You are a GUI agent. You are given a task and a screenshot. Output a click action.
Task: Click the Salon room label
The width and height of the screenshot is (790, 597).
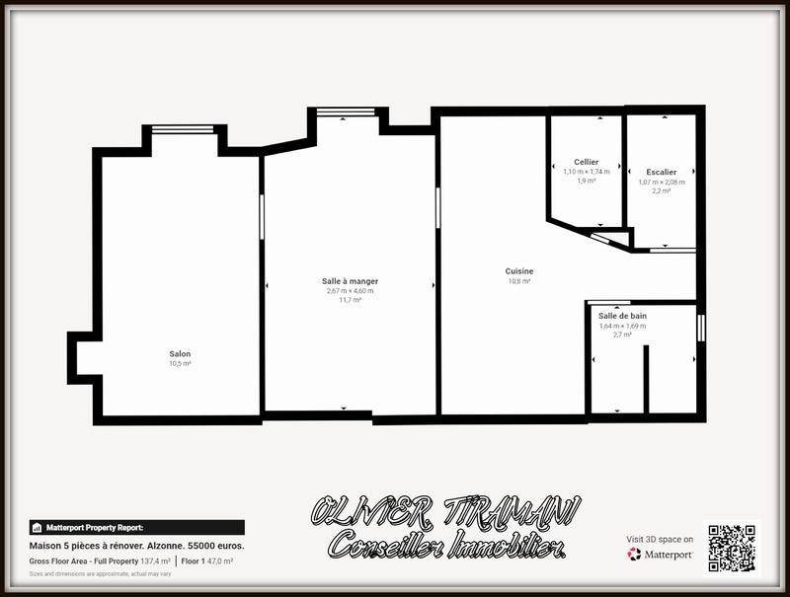point(180,353)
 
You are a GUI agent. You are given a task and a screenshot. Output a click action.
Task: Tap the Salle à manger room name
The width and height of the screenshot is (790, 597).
point(350,281)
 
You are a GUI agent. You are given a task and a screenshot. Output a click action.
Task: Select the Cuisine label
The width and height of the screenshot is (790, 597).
point(519,271)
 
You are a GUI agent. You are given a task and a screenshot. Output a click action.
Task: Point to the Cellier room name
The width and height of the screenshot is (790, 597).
point(587,162)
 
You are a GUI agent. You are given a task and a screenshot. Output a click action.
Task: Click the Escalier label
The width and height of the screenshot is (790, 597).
point(662,172)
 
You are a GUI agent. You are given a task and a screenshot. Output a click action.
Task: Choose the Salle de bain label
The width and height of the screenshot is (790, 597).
point(622,315)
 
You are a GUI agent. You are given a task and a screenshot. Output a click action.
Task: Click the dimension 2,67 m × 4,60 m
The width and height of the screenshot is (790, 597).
point(350,291)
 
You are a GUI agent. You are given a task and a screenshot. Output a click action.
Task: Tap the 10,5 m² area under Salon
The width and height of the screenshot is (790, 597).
point(180,363)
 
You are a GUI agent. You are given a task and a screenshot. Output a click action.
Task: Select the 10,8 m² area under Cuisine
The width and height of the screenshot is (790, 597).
point(519,281)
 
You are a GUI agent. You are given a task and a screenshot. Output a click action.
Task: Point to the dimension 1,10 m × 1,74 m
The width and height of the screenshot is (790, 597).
point(587,172)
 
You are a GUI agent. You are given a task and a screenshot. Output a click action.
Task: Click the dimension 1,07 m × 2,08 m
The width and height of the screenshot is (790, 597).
point(662,182)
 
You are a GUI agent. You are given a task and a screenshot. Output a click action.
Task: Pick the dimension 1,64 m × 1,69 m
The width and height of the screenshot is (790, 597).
point(622,325)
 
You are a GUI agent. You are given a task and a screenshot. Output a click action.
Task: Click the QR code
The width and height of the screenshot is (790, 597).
point(732,548)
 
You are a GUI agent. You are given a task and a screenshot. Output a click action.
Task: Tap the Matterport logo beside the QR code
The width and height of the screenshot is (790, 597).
point(661,554)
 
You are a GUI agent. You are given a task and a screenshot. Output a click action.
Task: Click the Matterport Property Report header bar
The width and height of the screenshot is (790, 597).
point(136,527)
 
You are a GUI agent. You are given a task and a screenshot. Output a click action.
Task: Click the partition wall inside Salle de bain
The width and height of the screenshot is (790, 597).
point(646,380)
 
